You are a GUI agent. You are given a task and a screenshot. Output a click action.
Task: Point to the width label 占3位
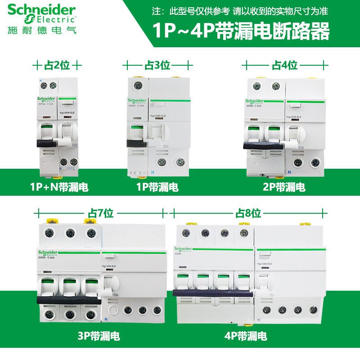coord(157,65)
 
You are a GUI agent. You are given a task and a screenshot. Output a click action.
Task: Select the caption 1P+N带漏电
coord(58,187)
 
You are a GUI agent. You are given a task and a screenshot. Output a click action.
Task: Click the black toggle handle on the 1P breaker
coord(137,144)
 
